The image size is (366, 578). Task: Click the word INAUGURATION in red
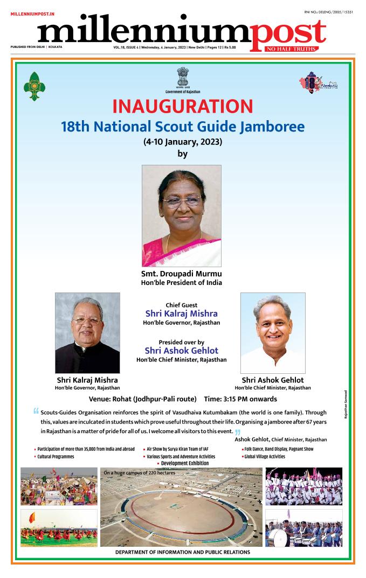[183, 106]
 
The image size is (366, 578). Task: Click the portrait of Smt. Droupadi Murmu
[181, 215]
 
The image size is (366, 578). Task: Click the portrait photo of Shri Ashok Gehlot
[273, 332]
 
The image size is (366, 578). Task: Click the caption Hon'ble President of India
[182, 282]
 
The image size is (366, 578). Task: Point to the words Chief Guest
[182, 305]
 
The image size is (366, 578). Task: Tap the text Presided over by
[182, 342]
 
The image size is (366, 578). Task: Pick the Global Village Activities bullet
[265, 456]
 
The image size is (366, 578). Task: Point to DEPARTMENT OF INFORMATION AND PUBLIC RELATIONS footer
[183, 552]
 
